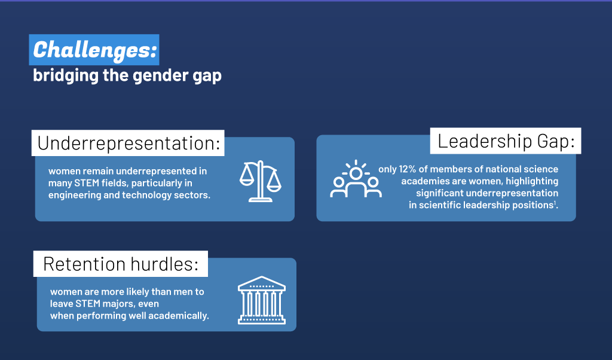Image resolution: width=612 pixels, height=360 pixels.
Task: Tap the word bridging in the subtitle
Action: tap(66, 75)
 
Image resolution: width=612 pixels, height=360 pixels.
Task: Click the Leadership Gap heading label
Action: tap(506, 141)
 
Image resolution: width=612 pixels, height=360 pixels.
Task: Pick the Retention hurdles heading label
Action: tap(121, 264)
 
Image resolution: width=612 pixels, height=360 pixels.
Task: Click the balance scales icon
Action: tap(261, 181)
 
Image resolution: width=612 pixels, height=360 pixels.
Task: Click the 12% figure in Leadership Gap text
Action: tap(407, 169)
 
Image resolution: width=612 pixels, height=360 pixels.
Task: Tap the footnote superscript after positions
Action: tap(555, 202)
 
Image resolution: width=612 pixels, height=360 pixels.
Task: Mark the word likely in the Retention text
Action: tap(137, 292)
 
